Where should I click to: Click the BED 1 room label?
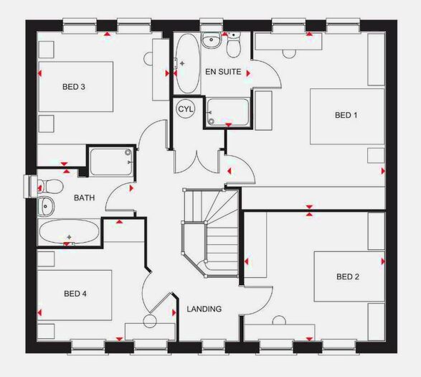tap(346, 115)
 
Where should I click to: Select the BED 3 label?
tap(74, 88)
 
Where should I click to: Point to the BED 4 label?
tap(75, 293)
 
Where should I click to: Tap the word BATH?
tap(84, 197)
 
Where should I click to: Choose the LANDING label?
tap(204, 309)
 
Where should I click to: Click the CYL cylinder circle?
tap(186, 109)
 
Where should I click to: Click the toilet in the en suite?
tap(234, 47)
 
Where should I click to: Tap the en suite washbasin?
tap(211, 41)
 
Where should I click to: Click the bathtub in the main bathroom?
tap(70, 233)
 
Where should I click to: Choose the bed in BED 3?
tap(75, 86)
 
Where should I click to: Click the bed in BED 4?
tap(75, 294)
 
